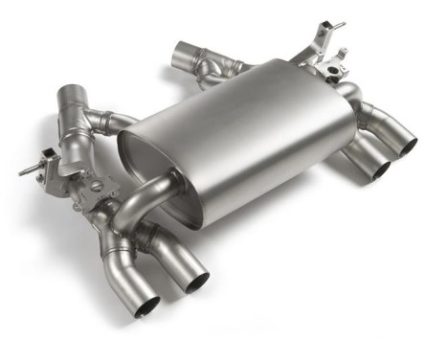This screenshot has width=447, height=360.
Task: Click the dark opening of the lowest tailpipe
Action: pyautogui.click(x=147, y=306)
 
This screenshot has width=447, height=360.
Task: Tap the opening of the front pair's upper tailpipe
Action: pyautogui.click(x=194, y=281)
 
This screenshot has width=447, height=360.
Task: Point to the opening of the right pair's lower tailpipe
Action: pyautogui.click(x=381, y=170)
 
